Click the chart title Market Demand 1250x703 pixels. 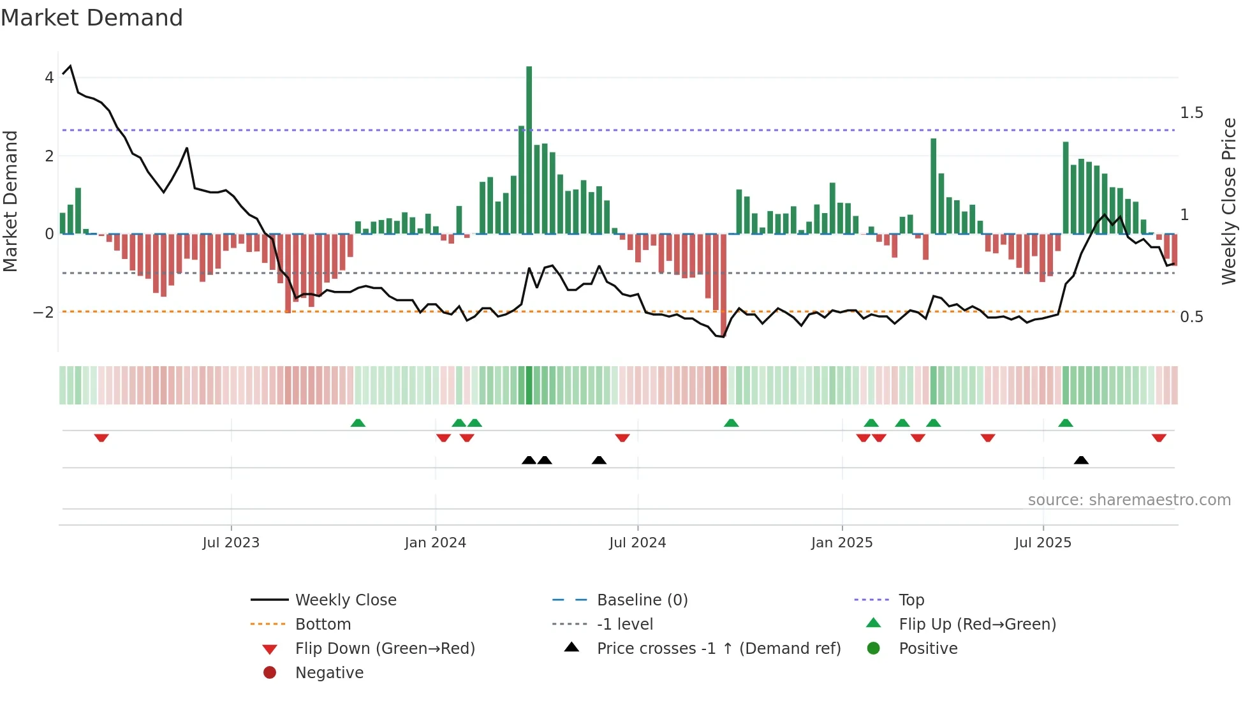pyautogui.click(x=92, y=18)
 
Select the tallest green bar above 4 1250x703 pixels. pyautogui.click(x=529, y=150)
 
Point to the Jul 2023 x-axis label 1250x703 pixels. pyautogui.click(x=231, y=543)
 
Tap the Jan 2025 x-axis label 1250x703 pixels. pyautogui.click(x=842, y=543)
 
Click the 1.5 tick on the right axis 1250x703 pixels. pyautogui.click(x=1191, y=113)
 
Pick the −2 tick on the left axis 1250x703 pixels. pyautogui.click(x=43, y=313)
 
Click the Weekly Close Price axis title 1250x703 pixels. pyautogui.click(x=1228, y=201)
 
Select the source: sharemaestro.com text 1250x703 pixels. pyautogui.click(x=1129, y=500)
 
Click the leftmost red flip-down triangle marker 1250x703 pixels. pyautogui.click(x=101, y=438)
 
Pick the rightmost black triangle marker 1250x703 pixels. pyautogui.click(x=1081, y=460)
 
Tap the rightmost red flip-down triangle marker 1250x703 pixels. pyautogui.click(x=1159, y=438)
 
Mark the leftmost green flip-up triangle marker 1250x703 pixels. pyautogui.click(x=358, y=423)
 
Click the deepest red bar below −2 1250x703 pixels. pyautogui.click(x=723, y=285)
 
